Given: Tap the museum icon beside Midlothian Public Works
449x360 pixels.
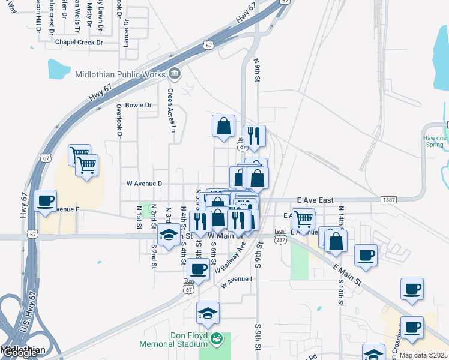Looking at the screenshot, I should [175, 74].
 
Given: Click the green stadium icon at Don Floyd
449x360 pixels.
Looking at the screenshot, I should [217, 340].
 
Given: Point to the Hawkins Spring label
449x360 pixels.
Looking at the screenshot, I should [434, 142].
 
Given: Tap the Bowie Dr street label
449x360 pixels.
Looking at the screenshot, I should [138, 105].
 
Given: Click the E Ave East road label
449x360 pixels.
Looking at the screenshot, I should [315, 200].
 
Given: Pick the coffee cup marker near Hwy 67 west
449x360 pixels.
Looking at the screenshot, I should [46, 201].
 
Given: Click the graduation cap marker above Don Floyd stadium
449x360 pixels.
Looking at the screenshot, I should [208, 313].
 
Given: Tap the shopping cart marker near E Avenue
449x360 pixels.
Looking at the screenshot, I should [303, 220].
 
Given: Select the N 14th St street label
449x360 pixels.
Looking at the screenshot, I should [341, 217].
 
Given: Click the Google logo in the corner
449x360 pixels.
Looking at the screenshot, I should [20, 353].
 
